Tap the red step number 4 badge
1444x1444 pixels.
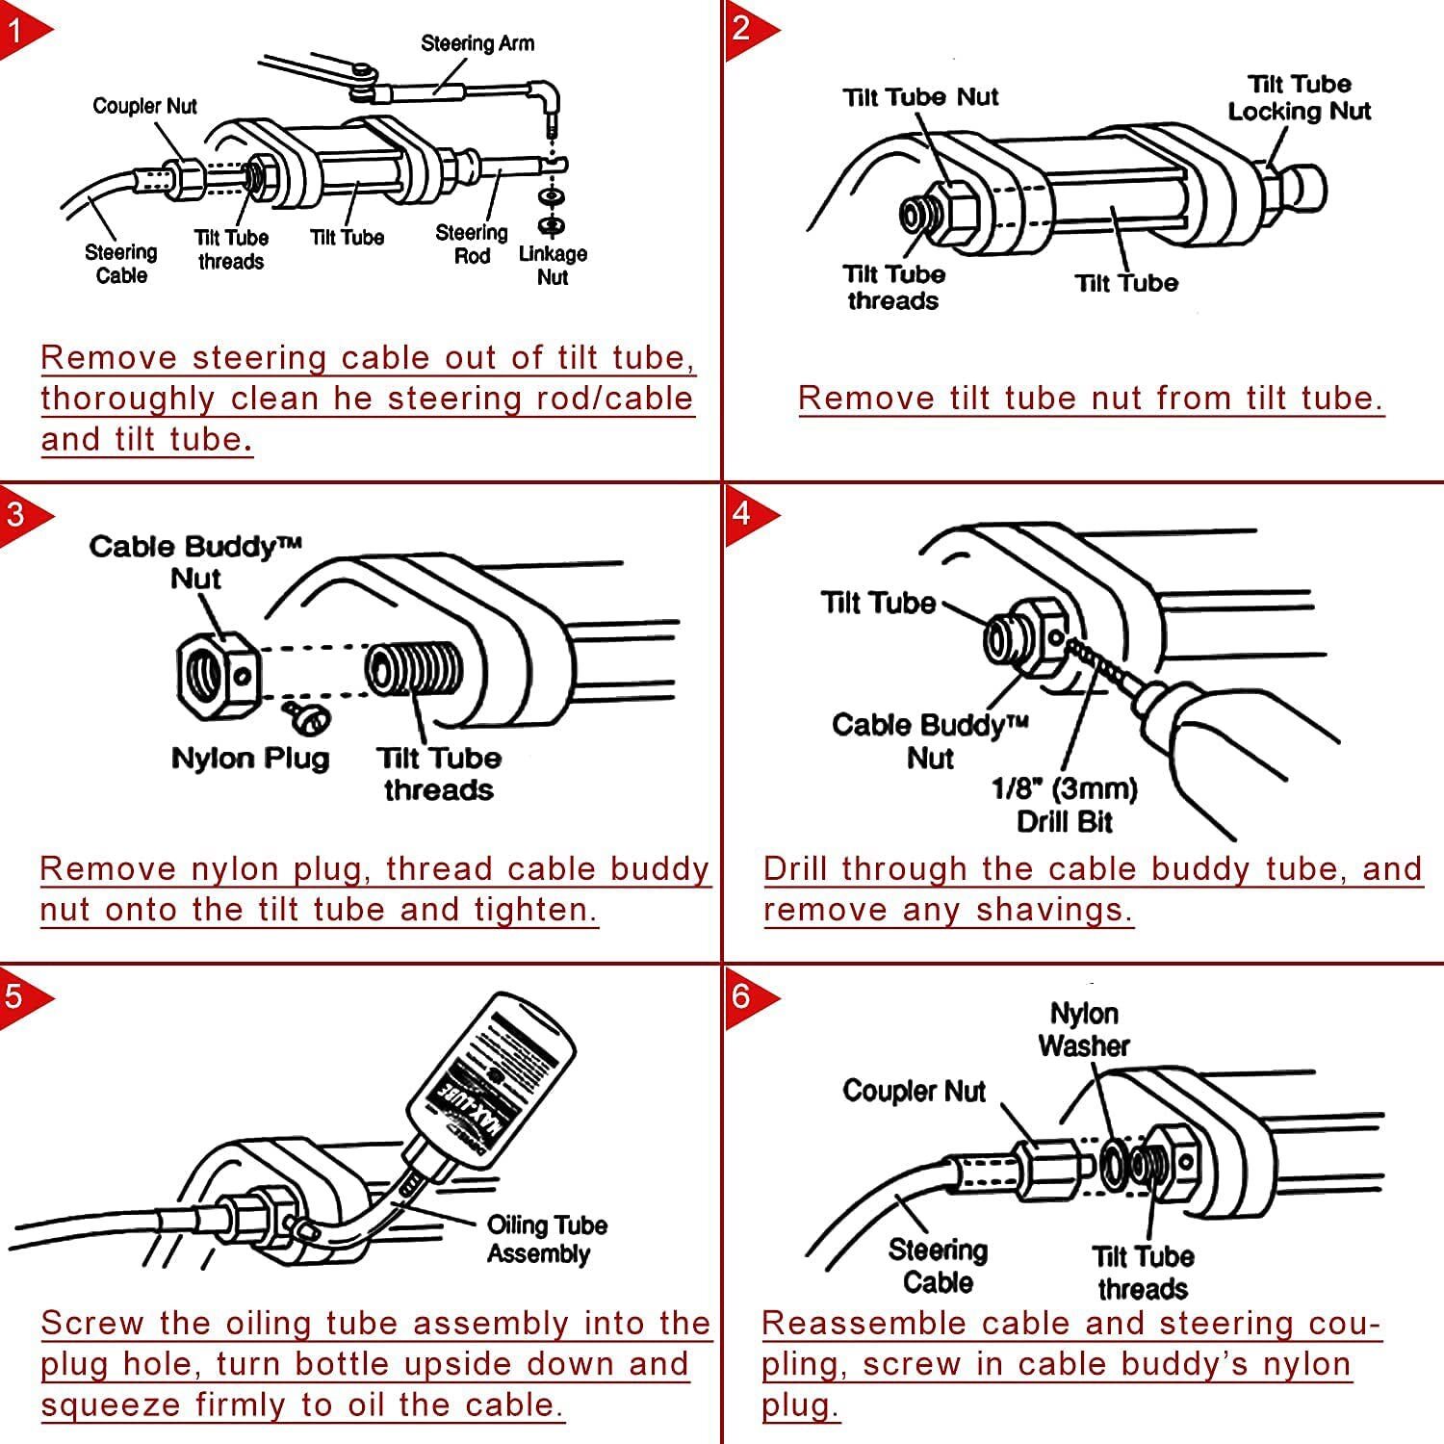[742, 512]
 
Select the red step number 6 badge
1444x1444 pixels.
[742, 994]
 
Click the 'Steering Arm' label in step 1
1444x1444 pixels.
[477, 43]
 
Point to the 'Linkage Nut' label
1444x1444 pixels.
[553, 266]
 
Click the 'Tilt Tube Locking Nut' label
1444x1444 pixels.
[1299, 98]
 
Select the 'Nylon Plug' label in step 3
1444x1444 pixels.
[250, 759]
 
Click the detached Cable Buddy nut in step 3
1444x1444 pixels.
[218, 676]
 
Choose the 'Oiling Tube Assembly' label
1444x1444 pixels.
[546, 1240]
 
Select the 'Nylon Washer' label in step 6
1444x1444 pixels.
[1084, 1030]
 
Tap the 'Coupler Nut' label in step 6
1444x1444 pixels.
[914, 1091]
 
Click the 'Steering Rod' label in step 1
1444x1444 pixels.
[472, 245]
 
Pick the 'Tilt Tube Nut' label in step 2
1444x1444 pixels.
[920, 97]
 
